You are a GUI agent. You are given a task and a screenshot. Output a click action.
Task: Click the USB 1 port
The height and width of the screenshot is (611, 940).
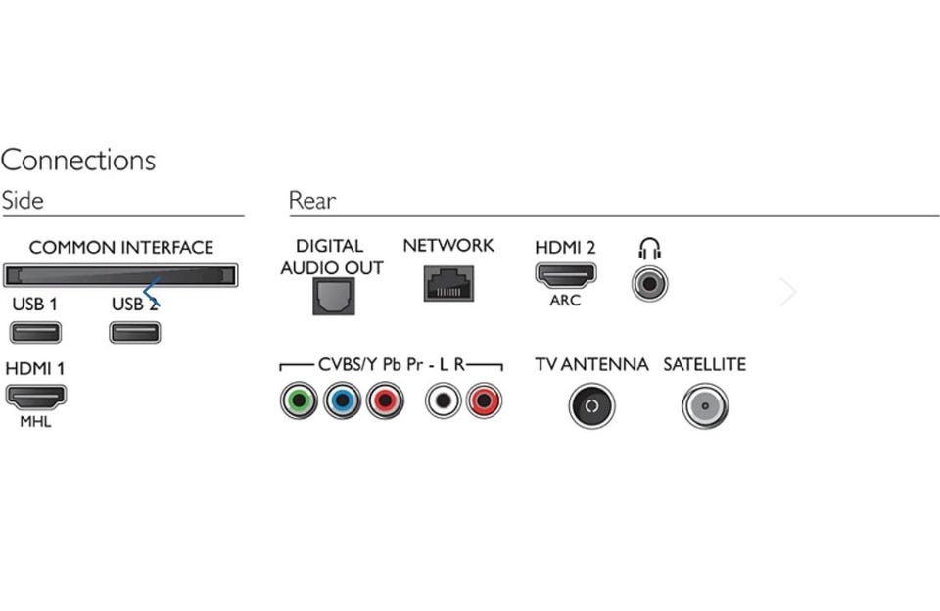35,332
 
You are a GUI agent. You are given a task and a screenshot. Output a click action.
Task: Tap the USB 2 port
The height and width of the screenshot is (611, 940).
135,332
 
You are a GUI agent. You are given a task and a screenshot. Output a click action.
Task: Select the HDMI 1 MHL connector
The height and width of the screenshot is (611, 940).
36,397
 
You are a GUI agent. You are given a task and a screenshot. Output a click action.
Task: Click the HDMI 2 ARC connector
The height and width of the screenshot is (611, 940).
565,274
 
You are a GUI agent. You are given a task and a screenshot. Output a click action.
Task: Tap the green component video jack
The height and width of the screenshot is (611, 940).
299,400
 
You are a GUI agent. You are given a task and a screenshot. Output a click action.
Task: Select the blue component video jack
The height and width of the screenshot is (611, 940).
342,400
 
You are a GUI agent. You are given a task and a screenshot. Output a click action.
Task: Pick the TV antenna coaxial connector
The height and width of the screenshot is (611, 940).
591,405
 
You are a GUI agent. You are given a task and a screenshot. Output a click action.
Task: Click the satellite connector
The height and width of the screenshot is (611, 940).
705,405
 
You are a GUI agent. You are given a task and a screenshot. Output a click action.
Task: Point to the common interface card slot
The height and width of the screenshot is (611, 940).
119,274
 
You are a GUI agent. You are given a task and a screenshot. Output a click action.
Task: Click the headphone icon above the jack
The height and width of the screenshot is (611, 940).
650,248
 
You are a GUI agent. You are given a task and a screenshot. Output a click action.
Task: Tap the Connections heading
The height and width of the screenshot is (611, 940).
78,160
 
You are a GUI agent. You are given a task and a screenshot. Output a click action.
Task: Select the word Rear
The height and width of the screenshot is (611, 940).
312,201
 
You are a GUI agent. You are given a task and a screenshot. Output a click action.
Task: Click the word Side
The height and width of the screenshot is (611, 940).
23,201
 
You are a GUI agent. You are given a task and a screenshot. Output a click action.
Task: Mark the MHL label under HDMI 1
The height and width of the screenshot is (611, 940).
35,422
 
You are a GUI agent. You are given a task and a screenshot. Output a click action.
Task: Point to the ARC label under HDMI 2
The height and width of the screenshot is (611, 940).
565,301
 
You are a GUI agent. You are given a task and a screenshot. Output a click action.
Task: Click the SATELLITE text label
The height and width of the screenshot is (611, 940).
704,365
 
